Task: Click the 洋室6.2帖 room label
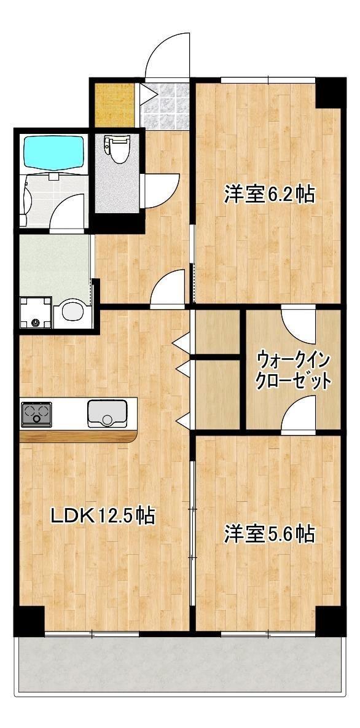point(269,195)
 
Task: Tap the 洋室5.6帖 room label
point(269,533)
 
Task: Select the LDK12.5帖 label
point(102,515)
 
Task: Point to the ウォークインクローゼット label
point(294,369)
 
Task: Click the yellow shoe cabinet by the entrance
point(114,104)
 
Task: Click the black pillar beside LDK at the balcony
point(29,620)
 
